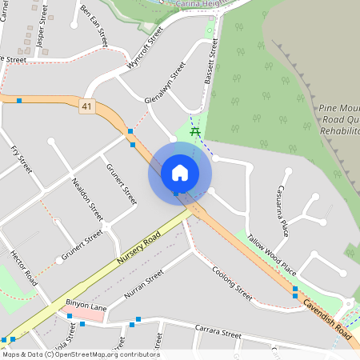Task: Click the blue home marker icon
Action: [180, 172]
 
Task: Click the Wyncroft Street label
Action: [145, 47]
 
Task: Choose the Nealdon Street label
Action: [88, 199]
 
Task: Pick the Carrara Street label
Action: [219, 334]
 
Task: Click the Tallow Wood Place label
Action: [272, 255]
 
